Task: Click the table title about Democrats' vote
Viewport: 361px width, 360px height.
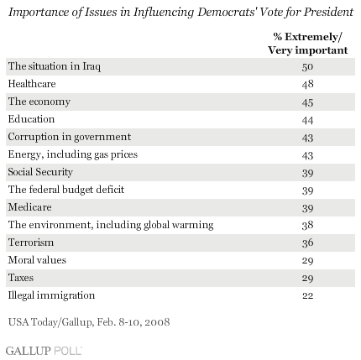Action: coord(180,13)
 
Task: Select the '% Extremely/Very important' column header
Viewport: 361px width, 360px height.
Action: coord(308,44)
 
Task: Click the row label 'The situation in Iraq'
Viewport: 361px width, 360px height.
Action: coord(55,66)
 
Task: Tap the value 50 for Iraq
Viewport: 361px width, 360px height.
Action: coord(307,67)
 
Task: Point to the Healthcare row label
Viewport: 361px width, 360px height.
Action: coord(32,84)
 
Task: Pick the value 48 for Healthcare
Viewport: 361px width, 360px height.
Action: coord(307,85)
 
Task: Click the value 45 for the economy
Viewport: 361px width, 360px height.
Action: coord(307,102)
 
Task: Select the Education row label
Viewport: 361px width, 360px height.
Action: coord(31,119)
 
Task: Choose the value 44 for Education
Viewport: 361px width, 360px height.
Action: coord(307,120)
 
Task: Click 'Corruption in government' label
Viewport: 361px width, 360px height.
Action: coord(70,137)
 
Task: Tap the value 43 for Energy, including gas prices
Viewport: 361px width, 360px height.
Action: coord(307,155)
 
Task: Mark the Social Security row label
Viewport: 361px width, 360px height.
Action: coord(40,172)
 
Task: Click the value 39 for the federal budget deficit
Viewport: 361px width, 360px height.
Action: coord(307,190)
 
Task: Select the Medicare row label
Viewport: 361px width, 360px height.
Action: coord(30,207)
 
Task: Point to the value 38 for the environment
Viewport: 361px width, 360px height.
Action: coord(307,226)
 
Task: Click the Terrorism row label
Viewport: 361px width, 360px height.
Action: coord(31,243)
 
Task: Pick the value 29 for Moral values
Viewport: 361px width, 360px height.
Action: coord(307,261)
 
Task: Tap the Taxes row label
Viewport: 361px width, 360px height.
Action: coord(21,278)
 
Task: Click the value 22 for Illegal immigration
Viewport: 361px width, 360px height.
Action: coord(307,296)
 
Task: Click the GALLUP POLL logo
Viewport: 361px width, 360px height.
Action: coord(44,351)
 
